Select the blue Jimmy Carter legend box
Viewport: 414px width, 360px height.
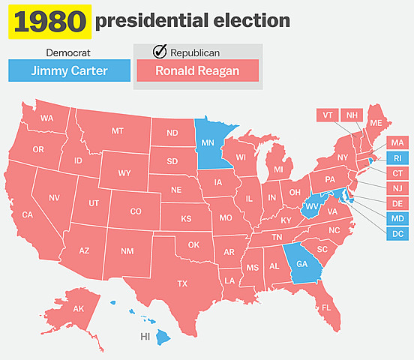pos(69,71)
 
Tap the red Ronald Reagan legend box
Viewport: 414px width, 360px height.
pos(196,71)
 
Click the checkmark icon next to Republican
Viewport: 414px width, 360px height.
pos(159,52)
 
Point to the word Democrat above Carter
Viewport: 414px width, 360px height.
pos(68,53)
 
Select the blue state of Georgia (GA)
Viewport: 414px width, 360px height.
pos(302,263)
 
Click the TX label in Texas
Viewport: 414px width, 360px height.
pos(182,283)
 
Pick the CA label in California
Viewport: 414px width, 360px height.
pos(28,214)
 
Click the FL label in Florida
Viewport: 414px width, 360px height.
pos(325,308)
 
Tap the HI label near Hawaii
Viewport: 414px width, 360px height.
pos(145,337)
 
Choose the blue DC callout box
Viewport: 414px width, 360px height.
pos(397,234)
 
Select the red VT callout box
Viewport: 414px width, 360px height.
pos(327,115)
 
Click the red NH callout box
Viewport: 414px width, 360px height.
pos(351,115)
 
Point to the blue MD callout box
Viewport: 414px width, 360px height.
pos(397,218)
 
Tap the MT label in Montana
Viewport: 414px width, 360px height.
pos(118,131)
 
